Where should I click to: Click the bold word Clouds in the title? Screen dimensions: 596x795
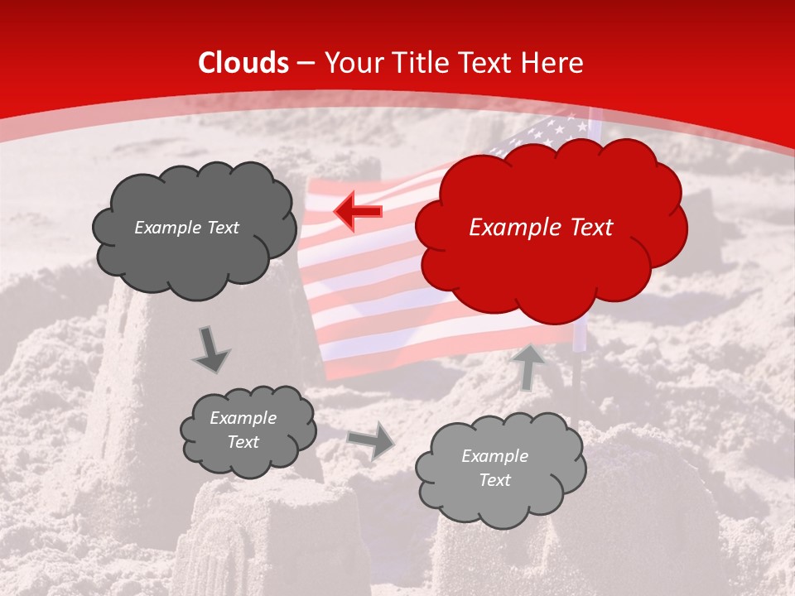pos(243,63)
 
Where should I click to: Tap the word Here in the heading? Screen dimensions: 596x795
pos(554,63)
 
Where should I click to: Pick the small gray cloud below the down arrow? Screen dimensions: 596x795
pos(248,430)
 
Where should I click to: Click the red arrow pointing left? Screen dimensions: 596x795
pos(359,211)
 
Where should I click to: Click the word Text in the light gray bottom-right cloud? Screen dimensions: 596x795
pos(494,480)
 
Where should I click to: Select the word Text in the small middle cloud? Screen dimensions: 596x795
pos(243,442)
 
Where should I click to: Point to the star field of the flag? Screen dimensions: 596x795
pos(555,132)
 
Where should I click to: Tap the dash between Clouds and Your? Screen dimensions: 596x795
pos(306,63)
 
